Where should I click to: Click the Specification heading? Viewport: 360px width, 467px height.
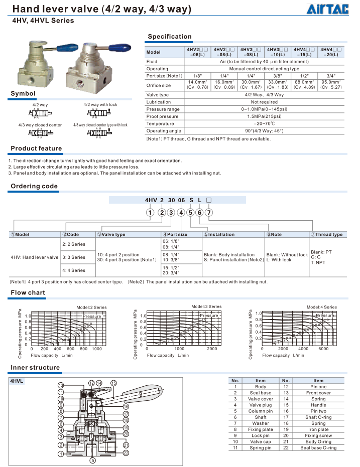click(x=170, y=37)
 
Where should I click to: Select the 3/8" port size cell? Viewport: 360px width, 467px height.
click(x=278, y=76)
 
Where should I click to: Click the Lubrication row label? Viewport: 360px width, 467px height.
click(x=158, y=102)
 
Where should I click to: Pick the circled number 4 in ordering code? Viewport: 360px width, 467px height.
click(x=181, y=212)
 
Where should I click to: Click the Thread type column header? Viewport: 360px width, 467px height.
click(x=327, y=234)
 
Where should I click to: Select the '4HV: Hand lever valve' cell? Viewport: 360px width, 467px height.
click(x=35, y=257)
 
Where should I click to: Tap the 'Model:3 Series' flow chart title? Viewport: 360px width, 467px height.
click(x=206, y=306)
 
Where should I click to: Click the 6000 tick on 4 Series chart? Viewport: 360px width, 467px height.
click(x=323, y=349)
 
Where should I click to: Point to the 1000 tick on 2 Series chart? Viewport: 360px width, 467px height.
click(x=96, y=349)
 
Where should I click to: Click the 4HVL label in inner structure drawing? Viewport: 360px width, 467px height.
click(x=18, y=381)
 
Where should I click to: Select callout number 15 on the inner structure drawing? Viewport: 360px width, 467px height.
click(x=113, y=383)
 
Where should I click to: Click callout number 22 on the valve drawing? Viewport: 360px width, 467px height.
click(x=126, y=453)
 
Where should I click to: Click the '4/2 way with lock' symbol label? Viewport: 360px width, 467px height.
click(x=100, y=105)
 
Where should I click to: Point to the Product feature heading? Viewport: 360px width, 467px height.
click(x=37, y=148)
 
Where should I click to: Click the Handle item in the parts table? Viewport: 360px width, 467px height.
click(x=318, y=405)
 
